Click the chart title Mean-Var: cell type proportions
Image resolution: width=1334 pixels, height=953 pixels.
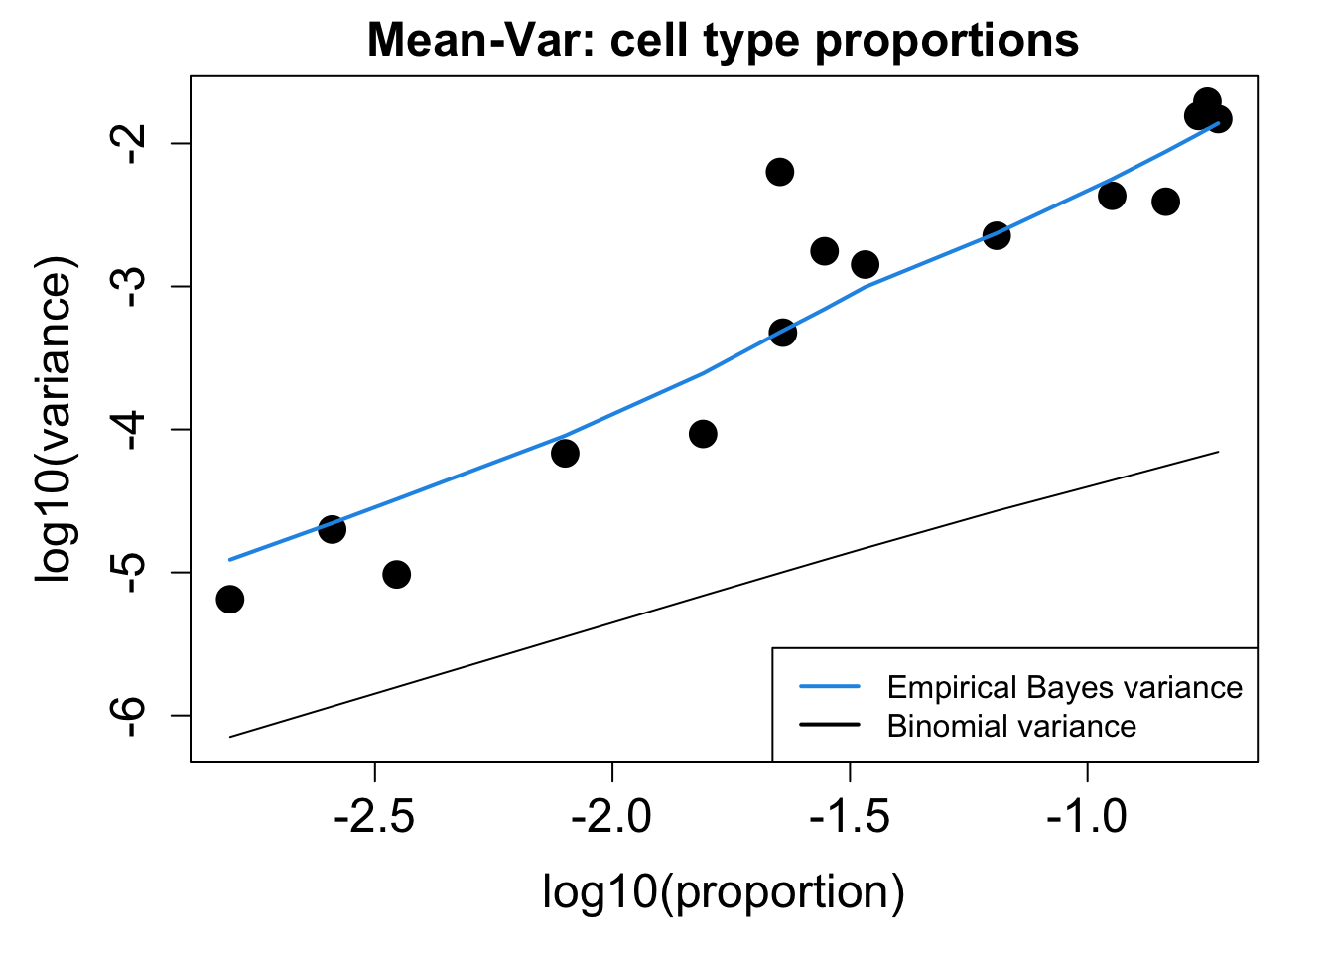(723, 42)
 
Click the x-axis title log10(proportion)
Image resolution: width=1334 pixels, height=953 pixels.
(723, 891)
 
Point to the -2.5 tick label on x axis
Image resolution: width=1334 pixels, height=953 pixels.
(374, 817)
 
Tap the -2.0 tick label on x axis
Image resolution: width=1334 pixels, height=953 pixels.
(611, 817)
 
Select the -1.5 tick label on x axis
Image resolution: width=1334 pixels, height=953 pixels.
(850, 817)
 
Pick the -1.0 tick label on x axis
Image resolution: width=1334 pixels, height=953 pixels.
(1087, 817)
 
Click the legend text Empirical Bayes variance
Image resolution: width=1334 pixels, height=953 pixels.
(1064, 688)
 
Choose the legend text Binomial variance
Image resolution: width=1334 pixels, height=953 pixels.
(1011, 726)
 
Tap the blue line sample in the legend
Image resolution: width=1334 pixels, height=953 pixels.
(829, 687)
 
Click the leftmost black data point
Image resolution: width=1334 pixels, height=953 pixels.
(230, 599)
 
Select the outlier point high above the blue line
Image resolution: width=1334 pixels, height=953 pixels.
(780, 172)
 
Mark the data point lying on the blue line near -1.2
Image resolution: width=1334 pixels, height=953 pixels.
(997, 235)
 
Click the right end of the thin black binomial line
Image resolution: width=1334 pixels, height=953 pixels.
(1218, 453)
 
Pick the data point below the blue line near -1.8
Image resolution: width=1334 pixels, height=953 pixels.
(703, 434)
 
